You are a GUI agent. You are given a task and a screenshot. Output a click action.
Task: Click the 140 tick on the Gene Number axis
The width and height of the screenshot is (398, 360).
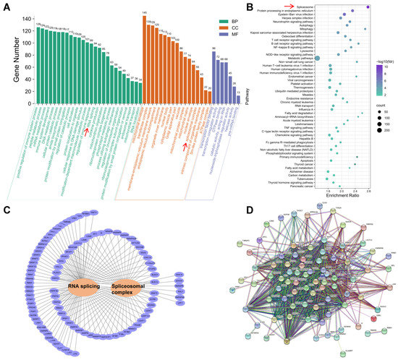pyautogui.click(x=20, y=17)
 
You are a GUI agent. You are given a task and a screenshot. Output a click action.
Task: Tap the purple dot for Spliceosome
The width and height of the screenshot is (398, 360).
pyautogui.click(x=368, y=7)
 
